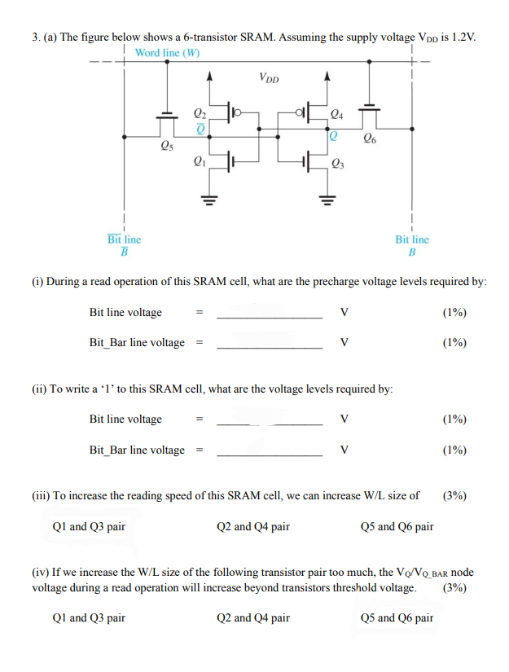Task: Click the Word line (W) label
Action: [x=167, y=53]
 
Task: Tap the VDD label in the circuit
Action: [x=269, y=78]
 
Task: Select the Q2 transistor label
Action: [x=199, y=113]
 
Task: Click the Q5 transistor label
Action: [x=165, y=147]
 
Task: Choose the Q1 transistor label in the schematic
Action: [x=198, y=160]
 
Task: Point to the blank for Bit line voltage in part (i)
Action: [x=270, y=313]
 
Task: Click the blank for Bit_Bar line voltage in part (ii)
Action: [x=270, y=450]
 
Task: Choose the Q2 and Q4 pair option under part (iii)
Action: [x=253, y=526]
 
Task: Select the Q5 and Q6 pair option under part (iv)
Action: [x=396, y=617]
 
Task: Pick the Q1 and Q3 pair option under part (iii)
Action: [x=89, y=526]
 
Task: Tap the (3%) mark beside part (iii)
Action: [x=454, y=494]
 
